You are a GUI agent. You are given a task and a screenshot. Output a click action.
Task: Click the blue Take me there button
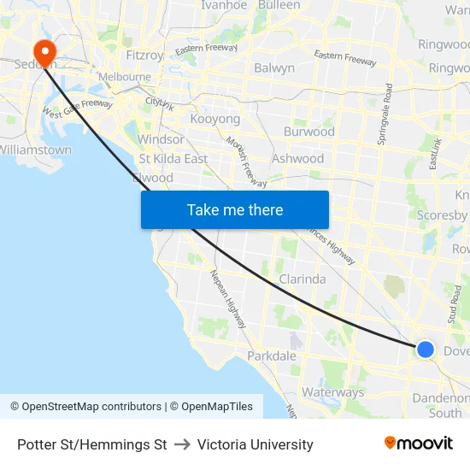coord(235,209)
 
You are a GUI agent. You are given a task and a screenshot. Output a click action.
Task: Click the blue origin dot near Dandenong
coord(425,349)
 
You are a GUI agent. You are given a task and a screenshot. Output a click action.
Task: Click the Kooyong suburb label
coord(214,119)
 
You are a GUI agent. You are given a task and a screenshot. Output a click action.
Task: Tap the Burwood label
coord(308,132)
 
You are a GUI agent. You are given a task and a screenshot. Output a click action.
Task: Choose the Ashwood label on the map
coord(297,158)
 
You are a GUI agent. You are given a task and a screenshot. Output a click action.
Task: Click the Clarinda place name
coord(302,279)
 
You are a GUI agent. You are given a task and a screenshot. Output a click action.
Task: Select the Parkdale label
coord(271,355)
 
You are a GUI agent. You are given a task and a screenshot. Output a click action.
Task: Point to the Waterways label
coord(332,392)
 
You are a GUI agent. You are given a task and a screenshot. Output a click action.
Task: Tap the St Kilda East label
coord(173,158)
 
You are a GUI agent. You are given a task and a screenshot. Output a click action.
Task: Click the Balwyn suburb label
coord(274,68)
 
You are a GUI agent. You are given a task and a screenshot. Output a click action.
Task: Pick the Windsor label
coord(160,139)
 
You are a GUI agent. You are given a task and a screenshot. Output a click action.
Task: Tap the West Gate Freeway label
coord(77,109)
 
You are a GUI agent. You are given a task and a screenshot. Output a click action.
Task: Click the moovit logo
coord(418,443)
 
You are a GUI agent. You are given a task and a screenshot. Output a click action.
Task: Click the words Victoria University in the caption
coord(255,444)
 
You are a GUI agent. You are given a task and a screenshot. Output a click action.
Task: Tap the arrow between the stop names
coord(182,444)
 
